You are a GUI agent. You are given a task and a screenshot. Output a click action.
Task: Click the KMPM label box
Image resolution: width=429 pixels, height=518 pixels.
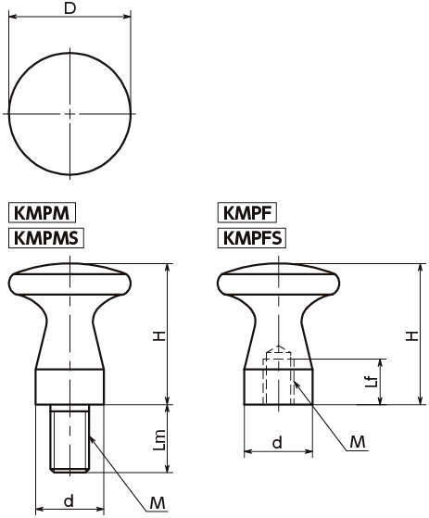click(42, 212)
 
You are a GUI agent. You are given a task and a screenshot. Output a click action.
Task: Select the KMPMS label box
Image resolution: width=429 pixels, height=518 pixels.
click(46, 237)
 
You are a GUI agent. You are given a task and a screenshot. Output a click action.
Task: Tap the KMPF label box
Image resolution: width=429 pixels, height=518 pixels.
click(247, 213)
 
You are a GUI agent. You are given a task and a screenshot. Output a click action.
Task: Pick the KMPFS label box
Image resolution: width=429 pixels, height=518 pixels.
click(252, 238)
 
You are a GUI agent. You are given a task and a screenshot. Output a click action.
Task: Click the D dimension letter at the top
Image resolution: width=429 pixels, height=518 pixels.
click(69, 8)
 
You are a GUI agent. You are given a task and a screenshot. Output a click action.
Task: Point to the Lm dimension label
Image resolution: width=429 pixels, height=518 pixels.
click(159, 440)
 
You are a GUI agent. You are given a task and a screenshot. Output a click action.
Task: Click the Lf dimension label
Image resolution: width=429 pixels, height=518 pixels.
click(372, 382)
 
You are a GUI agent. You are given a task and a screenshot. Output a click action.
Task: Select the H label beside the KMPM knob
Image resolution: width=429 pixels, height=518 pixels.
click(160, 335)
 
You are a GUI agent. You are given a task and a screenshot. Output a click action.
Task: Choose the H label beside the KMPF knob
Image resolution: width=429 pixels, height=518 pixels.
click(411, 335)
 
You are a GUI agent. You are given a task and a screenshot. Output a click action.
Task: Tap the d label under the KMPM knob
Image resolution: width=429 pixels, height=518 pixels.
click(69, 500)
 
